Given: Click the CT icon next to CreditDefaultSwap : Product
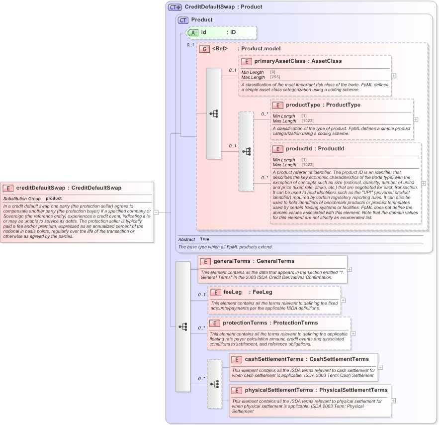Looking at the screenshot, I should pyautogui.click(x=175, y=7).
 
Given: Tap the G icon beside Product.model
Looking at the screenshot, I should pyautogui.click(x=204, y=49).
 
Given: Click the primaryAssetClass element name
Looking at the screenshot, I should pyautogui.click(x=280, y=61).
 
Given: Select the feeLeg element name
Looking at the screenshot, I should pyautogui.click(x=233, y=292).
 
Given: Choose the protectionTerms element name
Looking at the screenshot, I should pyautogui.click(x=245, y=323).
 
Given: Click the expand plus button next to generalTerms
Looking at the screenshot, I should pyautogui.click(x=350, y=269).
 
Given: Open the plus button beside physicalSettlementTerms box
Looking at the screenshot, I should pyautogui.click(x=393, y=400).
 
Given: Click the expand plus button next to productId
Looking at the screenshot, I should pyautogui.click(x=424, y=183).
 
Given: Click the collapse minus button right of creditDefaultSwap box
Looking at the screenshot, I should pyautogui.click(x=156, y=212).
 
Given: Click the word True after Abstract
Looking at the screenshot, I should pyautogui.click(x=204, y=239).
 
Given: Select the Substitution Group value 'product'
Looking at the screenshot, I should pyautogui.click(x=54, y=199).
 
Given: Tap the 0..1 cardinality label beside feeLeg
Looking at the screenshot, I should pyautogui.click(x=202, y=295).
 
